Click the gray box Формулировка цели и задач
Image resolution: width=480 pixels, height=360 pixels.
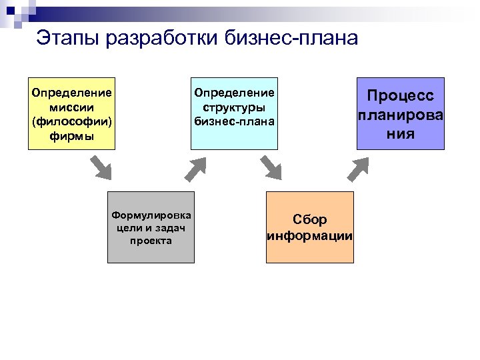click(x=151, y=227)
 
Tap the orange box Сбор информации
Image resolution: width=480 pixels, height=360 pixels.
click(x=310, y=227)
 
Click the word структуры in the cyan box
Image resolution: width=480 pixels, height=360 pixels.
click(x=234, y=107)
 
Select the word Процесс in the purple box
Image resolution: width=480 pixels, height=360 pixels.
click(x=401, y=97)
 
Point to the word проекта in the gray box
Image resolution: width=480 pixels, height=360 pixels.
click(x=151, y=241)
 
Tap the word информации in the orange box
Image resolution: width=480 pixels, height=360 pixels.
click(x=310, y=236)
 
